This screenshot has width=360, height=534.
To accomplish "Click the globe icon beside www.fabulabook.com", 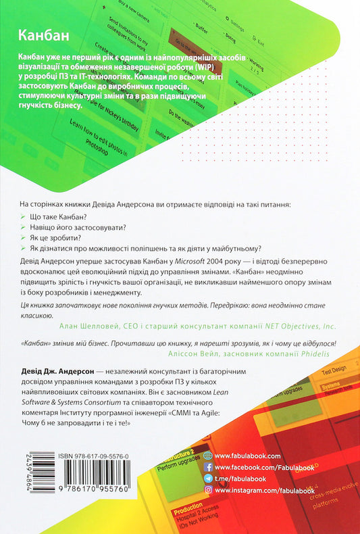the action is point(207,455).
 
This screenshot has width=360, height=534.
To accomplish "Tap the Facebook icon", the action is point(207,466).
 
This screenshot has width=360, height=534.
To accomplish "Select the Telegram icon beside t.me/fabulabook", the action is point(207,477).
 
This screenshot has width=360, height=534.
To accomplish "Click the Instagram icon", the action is point(207,489).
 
